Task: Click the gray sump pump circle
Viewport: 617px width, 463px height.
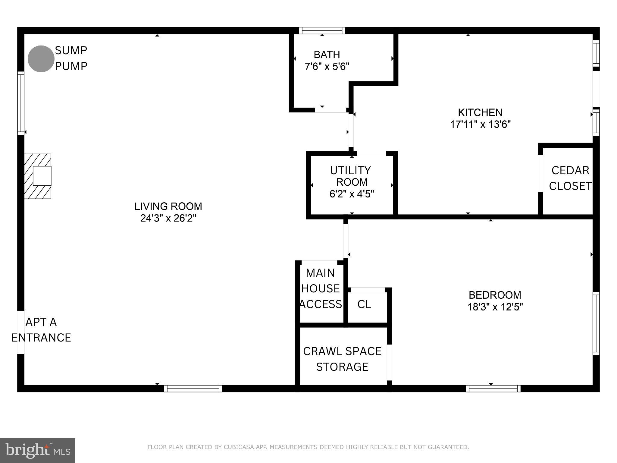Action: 41,59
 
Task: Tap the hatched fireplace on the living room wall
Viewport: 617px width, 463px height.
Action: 38,176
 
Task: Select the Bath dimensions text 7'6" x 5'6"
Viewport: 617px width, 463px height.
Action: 327,66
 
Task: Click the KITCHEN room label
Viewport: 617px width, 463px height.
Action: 480,112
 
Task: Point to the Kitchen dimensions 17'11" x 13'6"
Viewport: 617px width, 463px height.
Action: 480,124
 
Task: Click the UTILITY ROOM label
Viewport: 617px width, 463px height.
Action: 351,176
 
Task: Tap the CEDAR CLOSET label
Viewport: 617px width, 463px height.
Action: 570,178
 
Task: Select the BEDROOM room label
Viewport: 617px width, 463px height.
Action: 495,295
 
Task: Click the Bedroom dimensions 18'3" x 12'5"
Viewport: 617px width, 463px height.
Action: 495,307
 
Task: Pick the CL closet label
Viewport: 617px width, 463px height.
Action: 364,304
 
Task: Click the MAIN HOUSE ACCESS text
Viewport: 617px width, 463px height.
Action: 321,288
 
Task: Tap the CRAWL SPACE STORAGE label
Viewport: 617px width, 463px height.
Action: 342,359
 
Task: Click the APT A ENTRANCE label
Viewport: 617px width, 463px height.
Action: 41,330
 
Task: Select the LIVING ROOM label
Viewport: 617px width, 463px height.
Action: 168,206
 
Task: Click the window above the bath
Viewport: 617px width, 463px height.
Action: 322,30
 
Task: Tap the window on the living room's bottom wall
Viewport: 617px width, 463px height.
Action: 193,389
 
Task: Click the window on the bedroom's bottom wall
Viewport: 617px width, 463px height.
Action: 493,389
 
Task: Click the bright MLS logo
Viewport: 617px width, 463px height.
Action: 37,450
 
